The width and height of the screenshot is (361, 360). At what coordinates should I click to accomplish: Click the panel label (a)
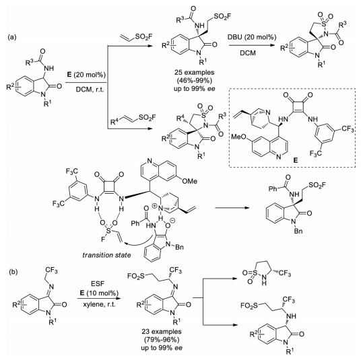tap(12, 37)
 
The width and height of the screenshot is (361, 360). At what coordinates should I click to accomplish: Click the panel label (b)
tap(13, 272)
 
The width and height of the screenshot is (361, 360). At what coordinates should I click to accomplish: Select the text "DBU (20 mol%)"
tap(252, 37)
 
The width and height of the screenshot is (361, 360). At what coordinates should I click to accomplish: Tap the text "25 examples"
tap(195, 73)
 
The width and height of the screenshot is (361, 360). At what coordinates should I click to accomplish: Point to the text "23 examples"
tap(162, 332)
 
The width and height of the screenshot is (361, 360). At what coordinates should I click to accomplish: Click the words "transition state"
tap(106, 255)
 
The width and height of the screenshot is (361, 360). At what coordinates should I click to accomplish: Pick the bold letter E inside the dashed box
tap(296, 160)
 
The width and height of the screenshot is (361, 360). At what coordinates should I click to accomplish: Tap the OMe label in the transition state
tap(190, 181)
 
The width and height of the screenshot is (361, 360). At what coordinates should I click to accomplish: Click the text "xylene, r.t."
tap(99, 304)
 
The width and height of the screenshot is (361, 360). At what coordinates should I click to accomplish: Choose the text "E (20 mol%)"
tap(86, 75)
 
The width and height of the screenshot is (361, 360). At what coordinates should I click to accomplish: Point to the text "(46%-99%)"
tap(195, 81)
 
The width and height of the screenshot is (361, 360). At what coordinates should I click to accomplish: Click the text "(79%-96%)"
tap(162, 340)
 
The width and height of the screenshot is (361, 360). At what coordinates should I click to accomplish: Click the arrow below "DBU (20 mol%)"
tap(252, 45)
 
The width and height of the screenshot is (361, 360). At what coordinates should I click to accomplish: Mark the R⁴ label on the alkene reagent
tap(114, 121)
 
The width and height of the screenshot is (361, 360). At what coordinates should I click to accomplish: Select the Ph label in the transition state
tap(135, 223)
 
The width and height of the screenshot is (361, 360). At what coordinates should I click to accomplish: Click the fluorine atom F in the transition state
tap(103, 240)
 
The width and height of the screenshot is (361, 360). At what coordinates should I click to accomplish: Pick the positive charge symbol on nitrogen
tap(154, 207)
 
